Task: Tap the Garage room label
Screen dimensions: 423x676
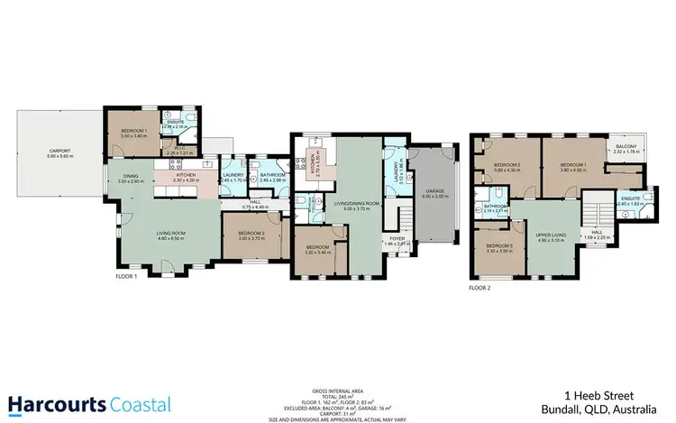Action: tap(434, 190)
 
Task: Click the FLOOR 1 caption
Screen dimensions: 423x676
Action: tap(126, 276)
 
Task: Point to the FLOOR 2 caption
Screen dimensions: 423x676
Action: tap(480, 289)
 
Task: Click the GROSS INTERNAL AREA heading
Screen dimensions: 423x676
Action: tap(337, 391)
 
